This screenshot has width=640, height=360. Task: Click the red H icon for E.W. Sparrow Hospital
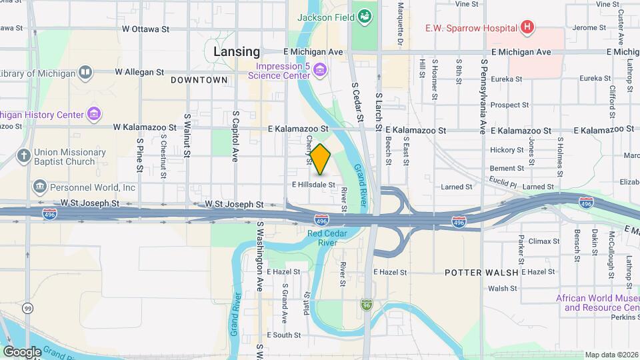527,27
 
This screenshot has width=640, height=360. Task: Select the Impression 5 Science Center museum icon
320,69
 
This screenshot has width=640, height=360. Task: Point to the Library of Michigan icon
85,73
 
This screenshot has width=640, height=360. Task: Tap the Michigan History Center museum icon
93,115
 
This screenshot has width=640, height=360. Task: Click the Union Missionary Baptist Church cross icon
23,157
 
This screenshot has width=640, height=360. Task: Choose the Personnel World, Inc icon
39,187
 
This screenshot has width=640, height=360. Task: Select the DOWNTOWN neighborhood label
199,80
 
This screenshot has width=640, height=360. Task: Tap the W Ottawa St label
146,29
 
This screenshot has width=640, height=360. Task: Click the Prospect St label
509,105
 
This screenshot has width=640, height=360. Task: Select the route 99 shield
27,308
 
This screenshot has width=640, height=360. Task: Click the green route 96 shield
367,304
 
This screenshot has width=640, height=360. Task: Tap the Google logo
22,351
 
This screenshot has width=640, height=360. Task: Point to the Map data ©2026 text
611,355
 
